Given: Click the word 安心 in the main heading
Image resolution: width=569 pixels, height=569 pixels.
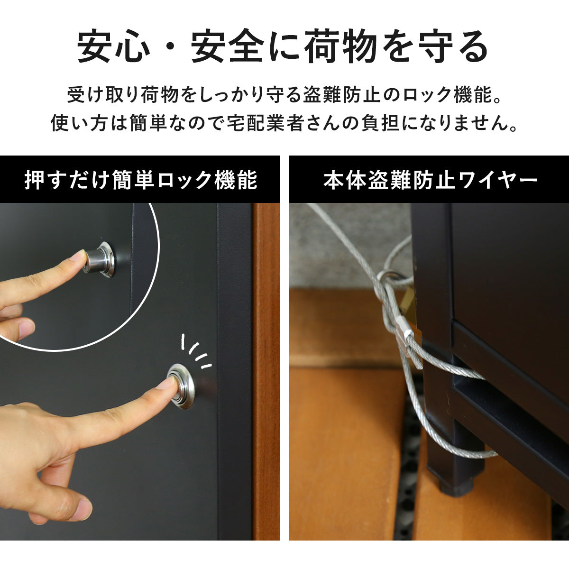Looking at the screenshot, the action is coord(114,46).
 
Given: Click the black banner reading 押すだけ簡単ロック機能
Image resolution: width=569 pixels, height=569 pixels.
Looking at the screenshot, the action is coord(140,179).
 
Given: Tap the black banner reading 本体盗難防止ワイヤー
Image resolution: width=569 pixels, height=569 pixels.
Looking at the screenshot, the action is coord(429,179).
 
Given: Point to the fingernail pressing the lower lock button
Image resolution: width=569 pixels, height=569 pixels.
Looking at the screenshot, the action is coord(169,383).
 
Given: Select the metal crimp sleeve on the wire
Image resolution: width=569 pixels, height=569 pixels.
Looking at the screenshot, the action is coord(404,328).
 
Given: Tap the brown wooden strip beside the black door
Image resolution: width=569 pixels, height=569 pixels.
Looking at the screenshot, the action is coord(266,371).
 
